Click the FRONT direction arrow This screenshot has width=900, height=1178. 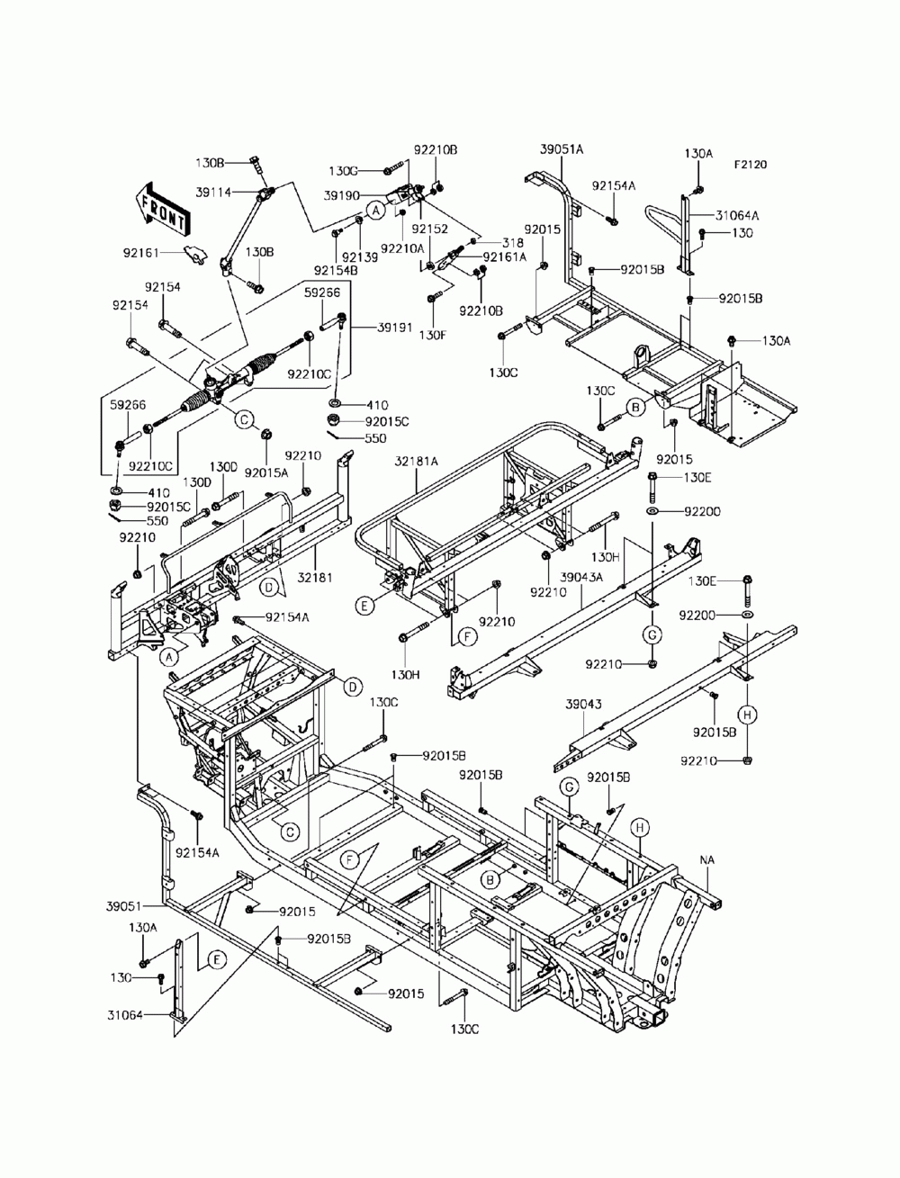click(161, 210)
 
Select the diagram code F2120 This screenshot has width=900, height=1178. click(750, 164)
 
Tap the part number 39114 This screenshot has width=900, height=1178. click(213, 192)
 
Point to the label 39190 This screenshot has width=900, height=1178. click(341, 196)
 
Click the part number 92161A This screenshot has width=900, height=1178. click(505, 256)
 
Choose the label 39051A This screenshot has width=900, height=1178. click(562, 149)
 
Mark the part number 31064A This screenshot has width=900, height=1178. click(737, 215)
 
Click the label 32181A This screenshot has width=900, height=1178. click(416, 461)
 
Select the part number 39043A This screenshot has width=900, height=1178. click(581, 578)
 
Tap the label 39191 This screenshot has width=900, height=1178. click(394, 328)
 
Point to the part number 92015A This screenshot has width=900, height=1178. click(266, 472)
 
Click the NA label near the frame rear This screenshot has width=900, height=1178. click(706, 859)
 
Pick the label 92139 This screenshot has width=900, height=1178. click(360, 257)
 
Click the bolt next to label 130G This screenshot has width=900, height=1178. click(393, 168)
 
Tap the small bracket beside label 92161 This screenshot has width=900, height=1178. click(195, 253)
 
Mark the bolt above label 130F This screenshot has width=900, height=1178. click(434, 296)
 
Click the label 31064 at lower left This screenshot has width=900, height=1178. click(125, 1014)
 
